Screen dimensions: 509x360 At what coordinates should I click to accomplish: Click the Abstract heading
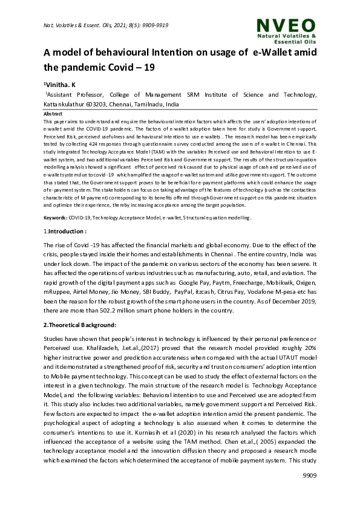coord(53,113)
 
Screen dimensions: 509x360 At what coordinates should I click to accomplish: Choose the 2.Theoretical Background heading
coord(83,325)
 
